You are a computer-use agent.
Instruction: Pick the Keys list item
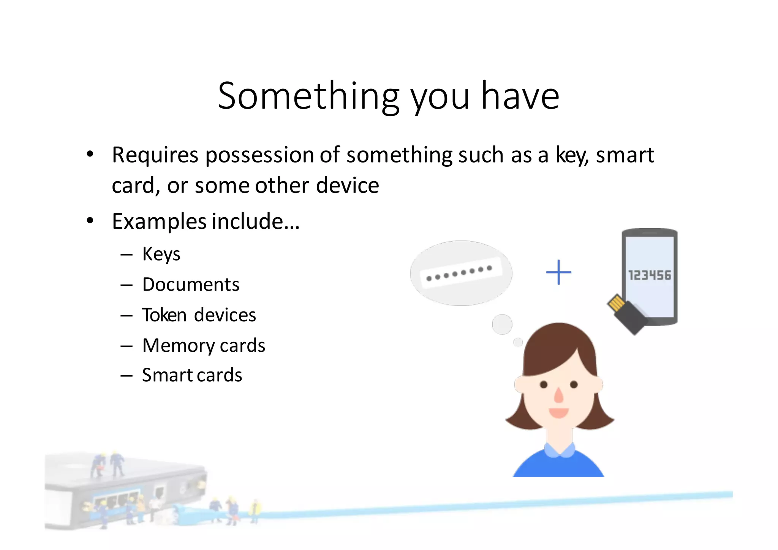click(161, 254)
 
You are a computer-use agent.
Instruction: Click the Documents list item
click(191, 284)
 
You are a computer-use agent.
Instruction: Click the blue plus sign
click(558, 272)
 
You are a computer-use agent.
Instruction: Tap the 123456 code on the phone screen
click(649, 275)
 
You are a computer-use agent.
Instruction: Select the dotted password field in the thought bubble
click(460, 273)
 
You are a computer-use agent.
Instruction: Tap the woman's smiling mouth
click(558, 412)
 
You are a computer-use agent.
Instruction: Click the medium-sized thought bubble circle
click(502, 324)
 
